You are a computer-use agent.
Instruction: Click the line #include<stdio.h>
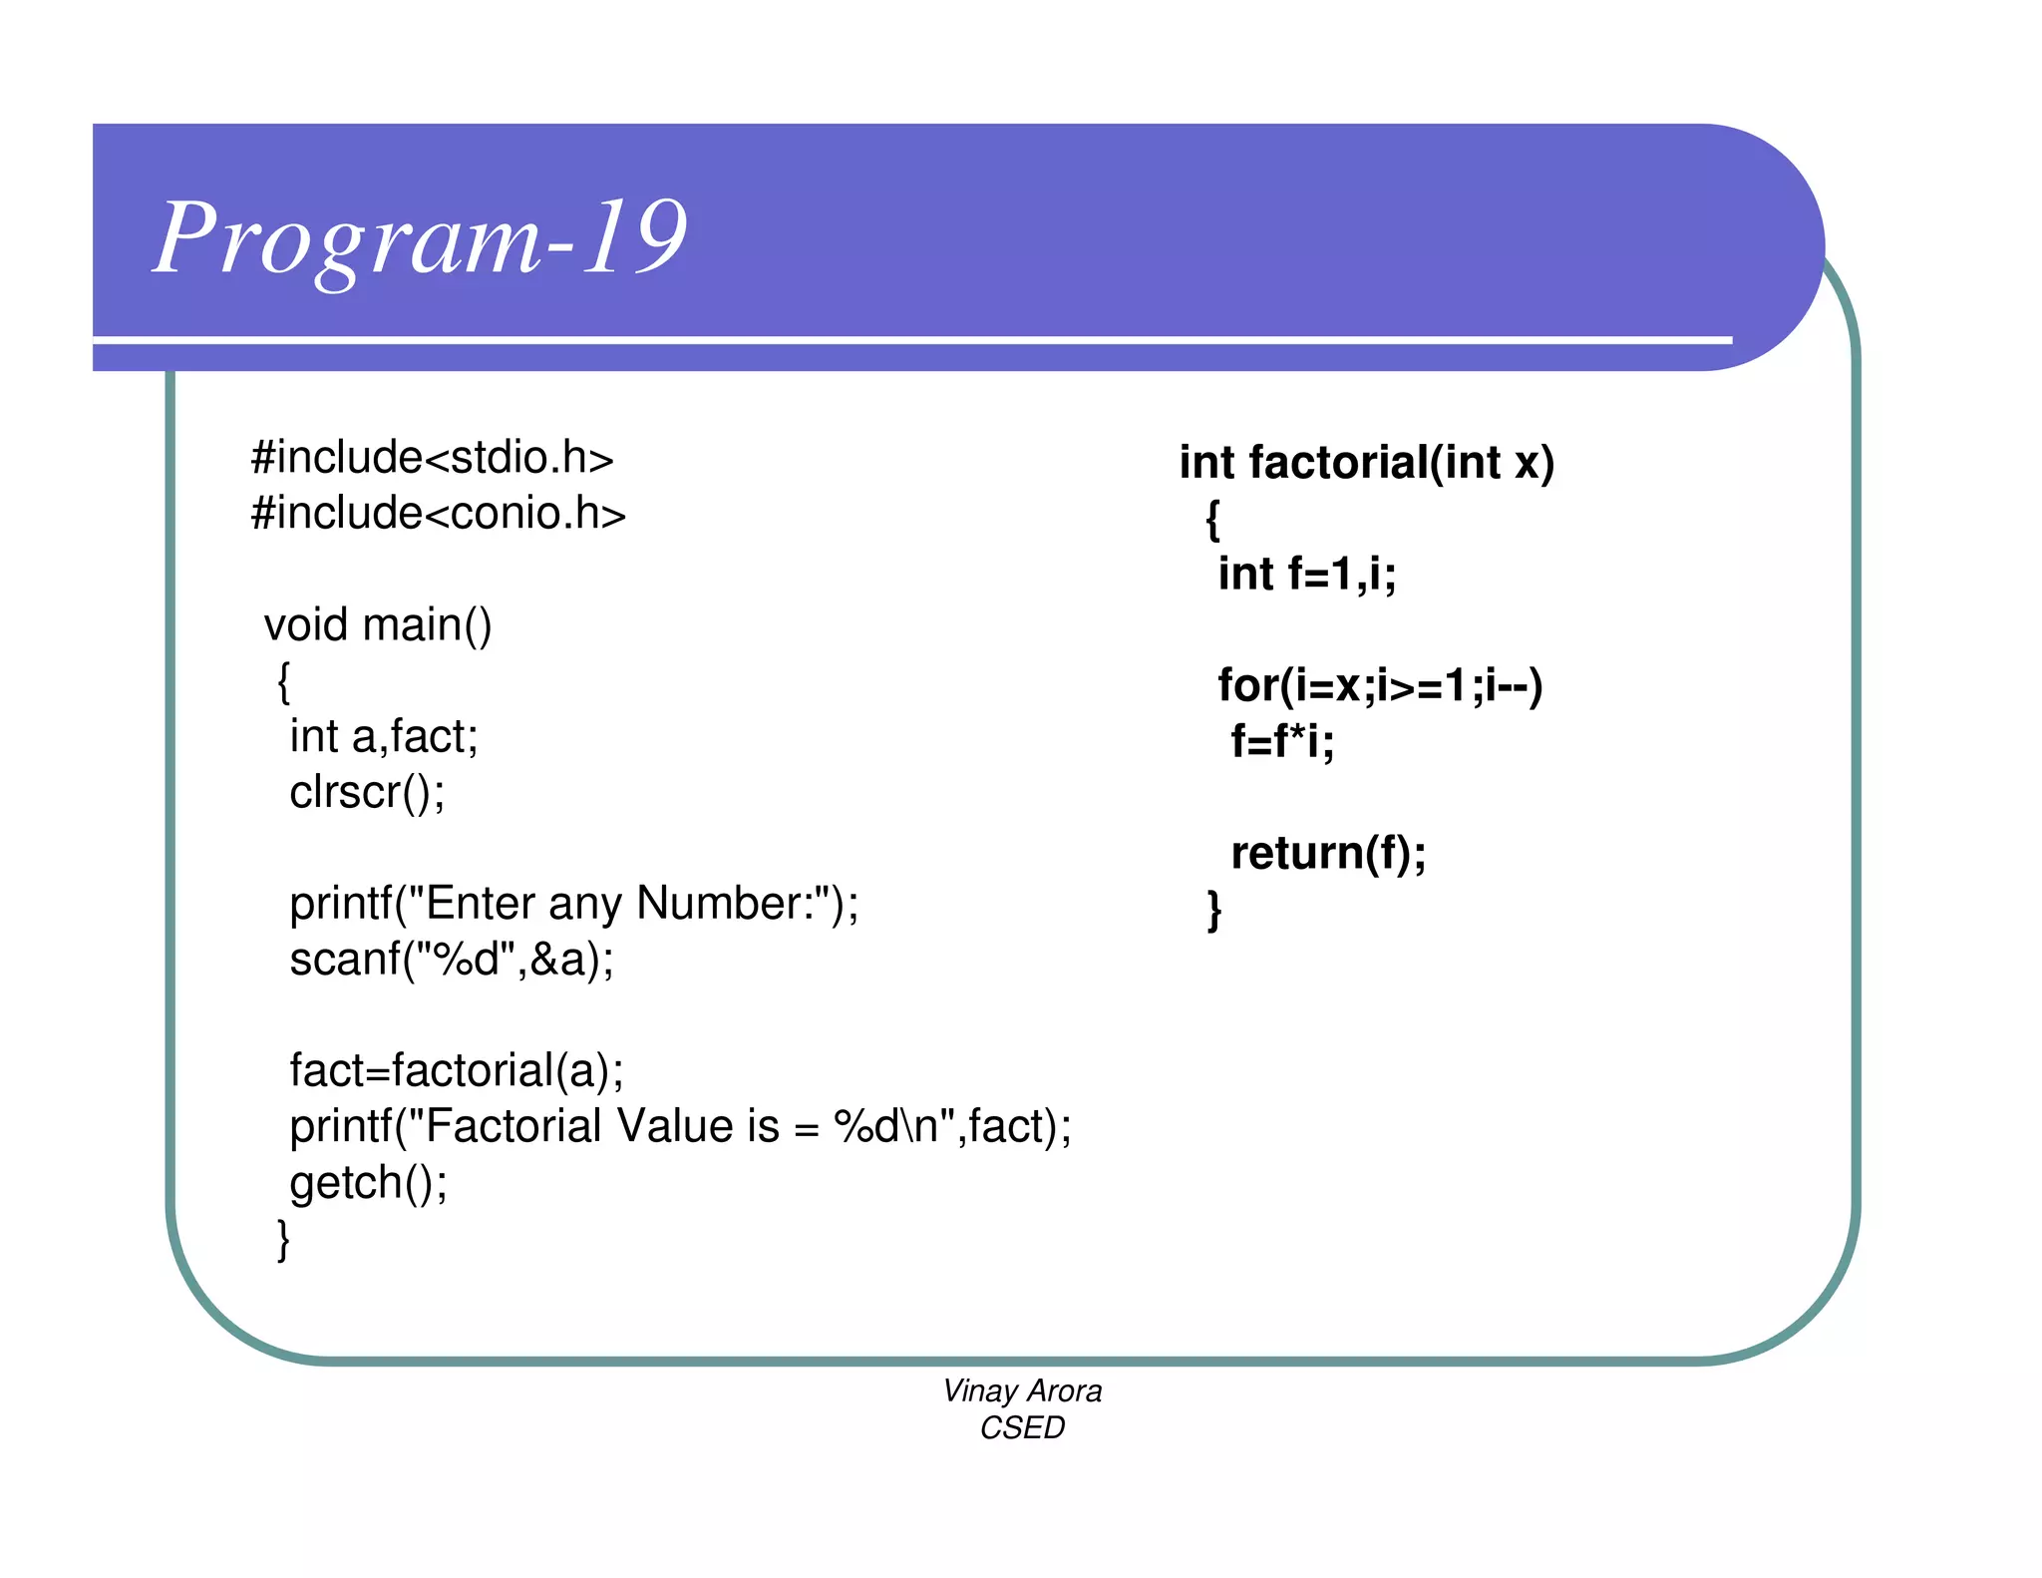(432, 458)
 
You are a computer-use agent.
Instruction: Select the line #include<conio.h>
(438, 514)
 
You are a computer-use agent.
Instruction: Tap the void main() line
(378, 625)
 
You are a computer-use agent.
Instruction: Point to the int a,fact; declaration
(384, 737)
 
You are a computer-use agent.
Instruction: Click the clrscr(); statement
(367, 793)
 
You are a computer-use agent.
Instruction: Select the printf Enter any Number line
(573, 904)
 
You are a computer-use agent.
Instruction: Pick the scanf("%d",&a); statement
(452, 960)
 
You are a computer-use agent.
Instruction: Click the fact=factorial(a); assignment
(457, 1071)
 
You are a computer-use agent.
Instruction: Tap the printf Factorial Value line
(680, 1127)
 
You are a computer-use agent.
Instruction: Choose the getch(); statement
(368, 1183)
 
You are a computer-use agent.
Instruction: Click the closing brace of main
(284, 1240)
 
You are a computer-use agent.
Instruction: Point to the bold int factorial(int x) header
(1366, 463)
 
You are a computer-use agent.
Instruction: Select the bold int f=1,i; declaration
(1306, 575)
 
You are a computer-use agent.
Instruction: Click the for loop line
(1380, 686)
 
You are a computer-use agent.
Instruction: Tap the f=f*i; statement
(1282, 742)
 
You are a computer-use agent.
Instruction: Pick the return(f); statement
(1328, 854)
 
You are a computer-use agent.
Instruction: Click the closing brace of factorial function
(1213, 910)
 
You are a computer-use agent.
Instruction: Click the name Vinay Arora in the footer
(1022, 1390)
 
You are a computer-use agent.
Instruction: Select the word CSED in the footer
(1022, 1428)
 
